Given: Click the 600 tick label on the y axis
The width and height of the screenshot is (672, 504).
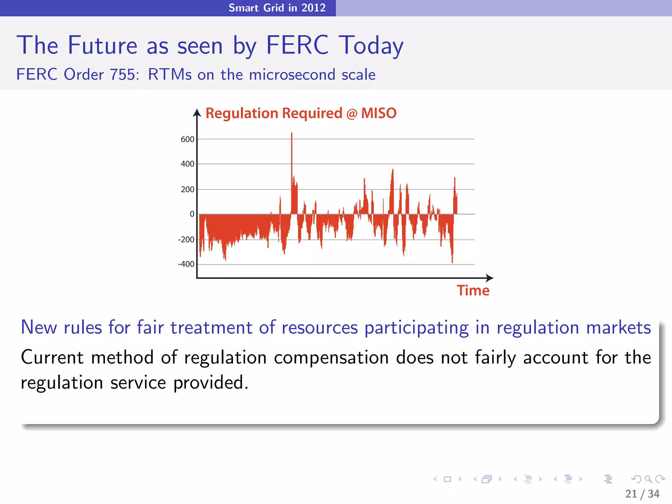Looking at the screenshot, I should coord(187,139).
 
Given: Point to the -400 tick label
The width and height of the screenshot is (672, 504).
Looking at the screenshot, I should coord(186,264).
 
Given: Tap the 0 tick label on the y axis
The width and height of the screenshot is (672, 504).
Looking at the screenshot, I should coord(192,214).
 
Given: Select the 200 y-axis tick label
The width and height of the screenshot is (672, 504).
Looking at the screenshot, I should coord(187,190).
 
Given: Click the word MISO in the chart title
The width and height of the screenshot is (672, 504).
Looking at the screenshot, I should coord(379,114).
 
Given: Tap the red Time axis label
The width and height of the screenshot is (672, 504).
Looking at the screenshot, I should coord(473,291).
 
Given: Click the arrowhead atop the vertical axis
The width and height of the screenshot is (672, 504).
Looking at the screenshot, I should coord(197,113).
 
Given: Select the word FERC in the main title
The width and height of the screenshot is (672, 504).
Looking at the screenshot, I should coord(297,45).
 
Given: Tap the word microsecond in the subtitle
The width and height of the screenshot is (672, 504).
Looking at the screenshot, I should coord(292,75).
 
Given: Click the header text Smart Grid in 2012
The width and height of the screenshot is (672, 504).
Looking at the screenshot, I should coord(277,8).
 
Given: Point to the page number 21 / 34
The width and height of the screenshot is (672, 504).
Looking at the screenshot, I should coord(642,494).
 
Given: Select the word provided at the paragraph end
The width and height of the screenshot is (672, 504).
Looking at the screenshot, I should coord(210,383).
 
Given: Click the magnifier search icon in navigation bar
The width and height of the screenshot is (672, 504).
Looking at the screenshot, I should coord(648,479).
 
